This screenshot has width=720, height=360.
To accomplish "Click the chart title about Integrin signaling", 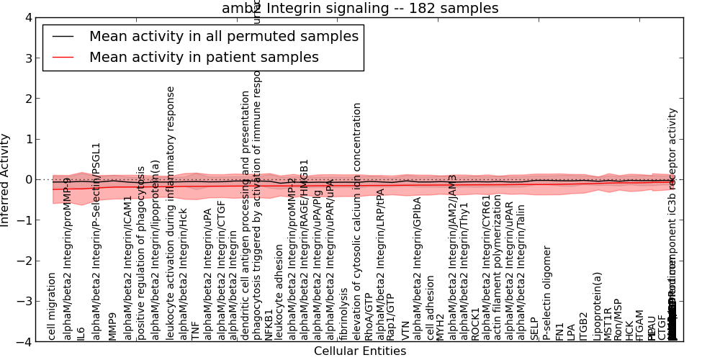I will (x=360, y=8).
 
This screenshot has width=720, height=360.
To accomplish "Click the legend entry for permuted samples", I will (x=223, y=36).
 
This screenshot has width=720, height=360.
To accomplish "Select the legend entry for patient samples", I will (x=204, y=57).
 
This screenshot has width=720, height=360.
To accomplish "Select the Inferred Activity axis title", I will (x=6, y=180).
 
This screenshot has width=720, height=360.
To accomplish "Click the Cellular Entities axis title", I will (x=360, y=351).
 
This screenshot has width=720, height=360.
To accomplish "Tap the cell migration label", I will (x=52, y=306).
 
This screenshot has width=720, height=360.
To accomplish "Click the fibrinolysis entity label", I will (x=344, y=314).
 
